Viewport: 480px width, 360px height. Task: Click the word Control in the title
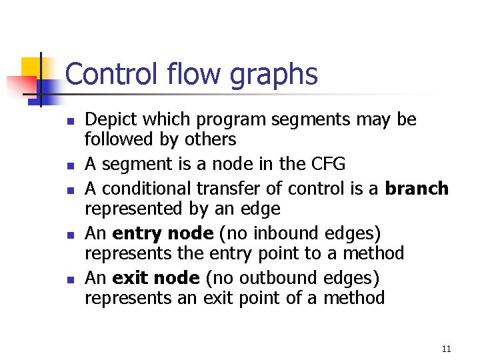coord(111,74)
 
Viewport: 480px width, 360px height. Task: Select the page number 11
coord(446,349)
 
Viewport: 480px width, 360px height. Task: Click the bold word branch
coord(417,189)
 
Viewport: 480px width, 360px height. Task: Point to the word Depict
coord(109,120)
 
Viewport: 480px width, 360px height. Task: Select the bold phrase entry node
coord(153,234)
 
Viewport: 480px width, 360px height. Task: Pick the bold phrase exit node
coord(156,278)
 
